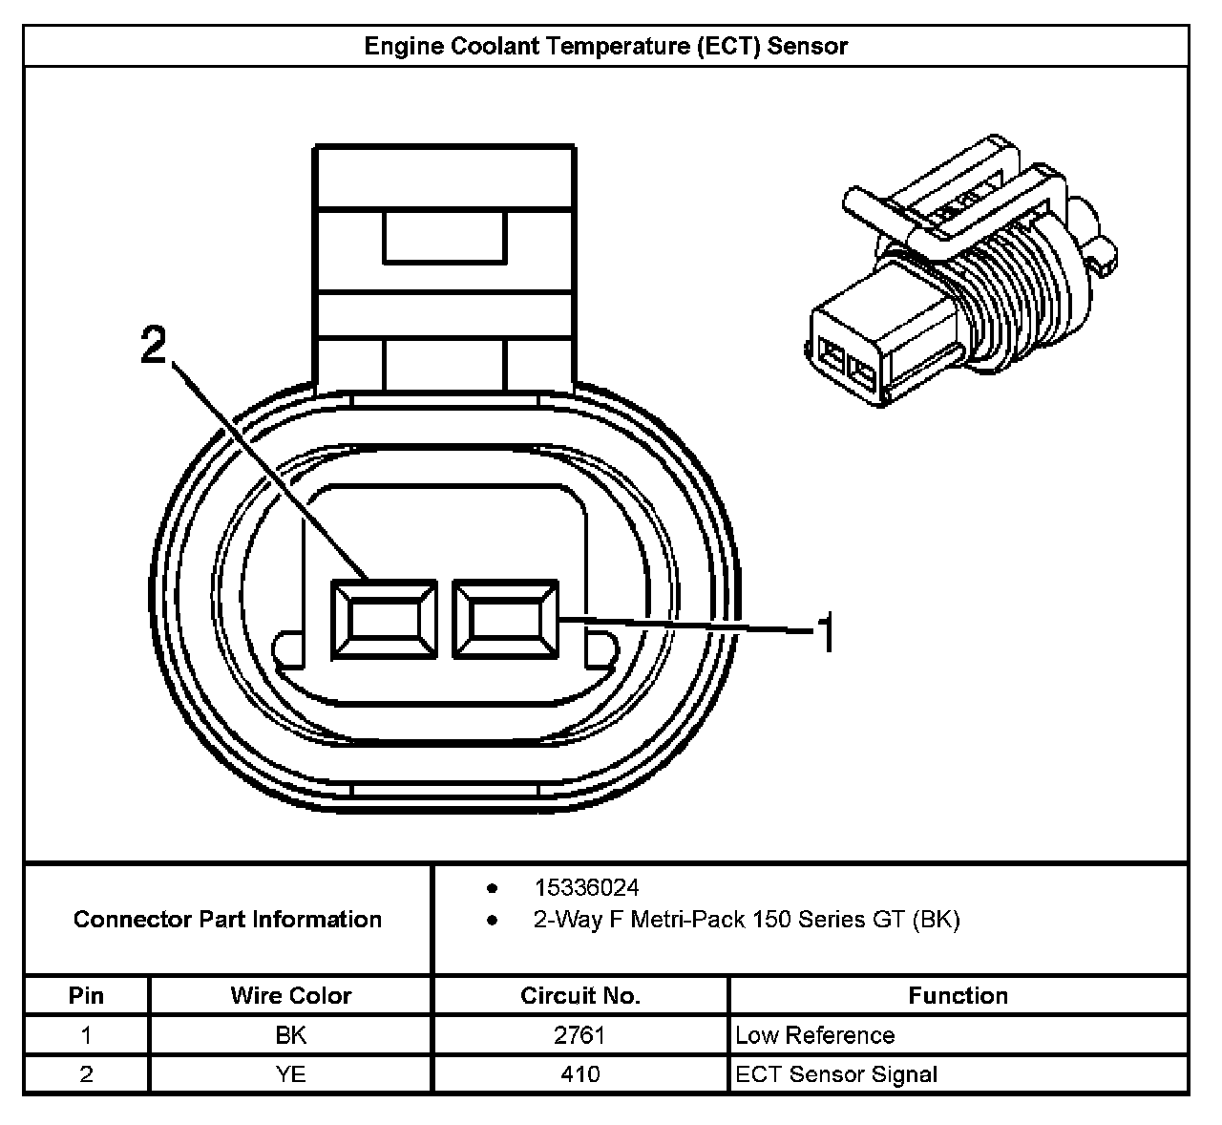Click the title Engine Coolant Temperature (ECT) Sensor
click(x=605, y=46)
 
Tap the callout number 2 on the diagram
click(x=154, y=345)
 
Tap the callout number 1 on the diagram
click(x=826, y=634)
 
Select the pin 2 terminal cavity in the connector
click(x=384, y=619)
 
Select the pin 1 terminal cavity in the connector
click(x=505, y=619)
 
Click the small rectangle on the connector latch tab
click(x=445, y=237)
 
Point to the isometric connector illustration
click(x=960, y=270)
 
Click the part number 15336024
click(x=586, y=888)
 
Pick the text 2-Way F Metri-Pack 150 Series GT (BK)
click(x=747, y=919)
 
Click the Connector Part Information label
click(x=227, y=919)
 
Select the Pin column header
click(x=86, y=995)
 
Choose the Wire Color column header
click(x=290, y=995)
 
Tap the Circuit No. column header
click(x=579, y=995)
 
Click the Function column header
click(x=958, y=995)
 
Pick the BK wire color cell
click(x=290, y=1035)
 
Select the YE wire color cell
click(x=290, y=1073)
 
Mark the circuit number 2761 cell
click(x=579, y=1035)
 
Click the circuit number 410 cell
click(x=579, y=1073)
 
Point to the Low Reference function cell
click(x=814, y=1035)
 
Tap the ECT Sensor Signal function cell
click(x=835, y=1073)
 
